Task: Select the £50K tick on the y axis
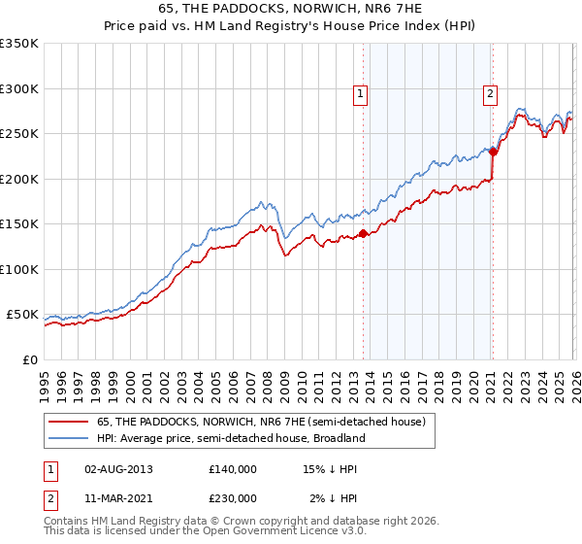point(23,315)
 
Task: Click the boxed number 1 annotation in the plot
point(360,94)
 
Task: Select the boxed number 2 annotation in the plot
point(490,94)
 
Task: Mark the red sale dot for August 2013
point(363,233)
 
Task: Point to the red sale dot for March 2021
point(493,152)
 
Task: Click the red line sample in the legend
point(68,422)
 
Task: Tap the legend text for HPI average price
point(230,438)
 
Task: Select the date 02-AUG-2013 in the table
point(118,469)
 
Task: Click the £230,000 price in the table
point(232,498)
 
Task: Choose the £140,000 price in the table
point(232,469)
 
